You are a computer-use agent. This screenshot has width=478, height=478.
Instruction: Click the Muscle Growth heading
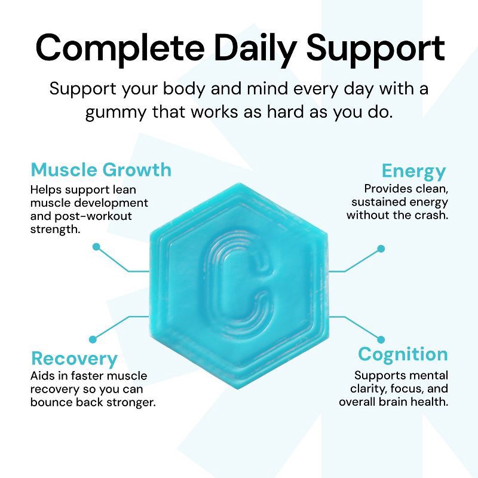point(101,170)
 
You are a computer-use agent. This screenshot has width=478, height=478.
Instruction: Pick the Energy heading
point(413,171)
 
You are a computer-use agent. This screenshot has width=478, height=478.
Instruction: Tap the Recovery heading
point(74,358)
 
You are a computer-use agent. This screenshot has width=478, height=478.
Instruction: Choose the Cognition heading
point(403,354)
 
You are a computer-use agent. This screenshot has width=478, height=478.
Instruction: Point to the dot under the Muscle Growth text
point(96,246)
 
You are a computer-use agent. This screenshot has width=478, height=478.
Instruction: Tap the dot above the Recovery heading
point(93,339)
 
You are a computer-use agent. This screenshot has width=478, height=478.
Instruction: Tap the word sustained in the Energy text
point(381,202)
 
